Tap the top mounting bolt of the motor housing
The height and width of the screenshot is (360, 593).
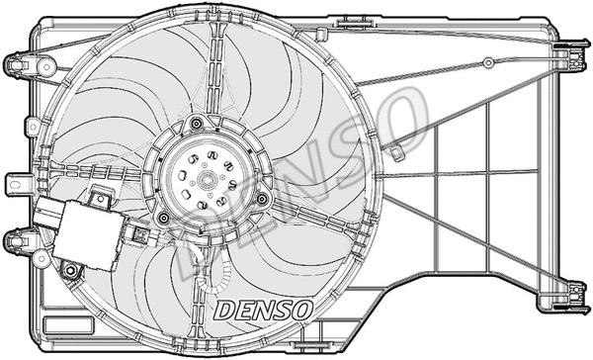tap(197, 124)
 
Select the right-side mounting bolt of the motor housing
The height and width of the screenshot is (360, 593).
tap(262, 199)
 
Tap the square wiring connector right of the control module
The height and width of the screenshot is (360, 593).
tap(140, 236)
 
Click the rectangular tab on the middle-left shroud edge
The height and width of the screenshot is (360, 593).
tap(16, 185)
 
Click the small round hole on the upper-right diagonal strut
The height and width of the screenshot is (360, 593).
tap(487, 63)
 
